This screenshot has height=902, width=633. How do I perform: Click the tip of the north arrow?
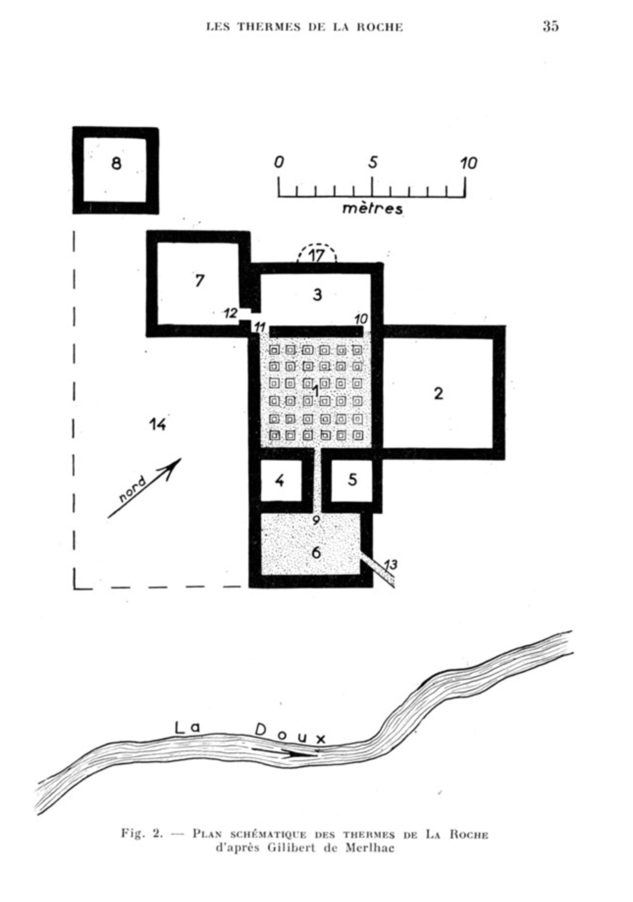point(181,459)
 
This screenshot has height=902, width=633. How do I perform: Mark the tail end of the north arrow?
point(108,517)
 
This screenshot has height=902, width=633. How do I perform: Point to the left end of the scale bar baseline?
point(279,197)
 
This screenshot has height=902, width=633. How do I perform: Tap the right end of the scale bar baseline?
point(465,197)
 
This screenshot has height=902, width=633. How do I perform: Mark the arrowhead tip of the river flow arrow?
point(316,755)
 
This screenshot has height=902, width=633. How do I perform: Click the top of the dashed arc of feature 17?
point(317,243)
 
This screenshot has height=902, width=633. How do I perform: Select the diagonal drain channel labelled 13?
point(378,571)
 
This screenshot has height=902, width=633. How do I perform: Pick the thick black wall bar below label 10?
point(316,332)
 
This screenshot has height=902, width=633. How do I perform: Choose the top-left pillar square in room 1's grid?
point(275,350)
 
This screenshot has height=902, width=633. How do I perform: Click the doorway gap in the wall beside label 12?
point(249,315)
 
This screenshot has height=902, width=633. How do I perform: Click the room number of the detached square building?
point(116,163)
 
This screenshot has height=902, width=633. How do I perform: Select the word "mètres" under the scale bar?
point(372,209)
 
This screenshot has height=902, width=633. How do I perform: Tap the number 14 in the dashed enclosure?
point(158,424)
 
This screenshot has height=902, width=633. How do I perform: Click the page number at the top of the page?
point(551,26)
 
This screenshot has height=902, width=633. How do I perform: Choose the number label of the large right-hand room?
point(438,393)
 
